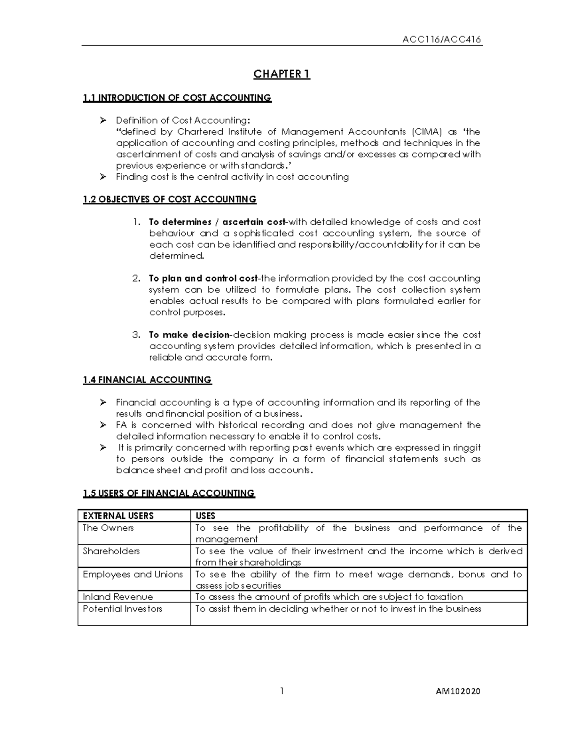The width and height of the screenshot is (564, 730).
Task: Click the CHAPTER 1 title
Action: [282, 74]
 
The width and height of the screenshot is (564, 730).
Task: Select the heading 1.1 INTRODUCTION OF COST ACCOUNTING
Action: [177, 98]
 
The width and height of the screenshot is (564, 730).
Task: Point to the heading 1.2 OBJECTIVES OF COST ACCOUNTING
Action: [169, 199]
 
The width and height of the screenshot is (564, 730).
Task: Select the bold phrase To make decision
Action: [189, 335]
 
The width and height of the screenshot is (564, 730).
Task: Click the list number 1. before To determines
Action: [136, 222]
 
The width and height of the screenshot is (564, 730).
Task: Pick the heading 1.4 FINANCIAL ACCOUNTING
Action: [147, 380]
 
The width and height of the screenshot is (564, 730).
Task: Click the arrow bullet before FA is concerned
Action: [103, 425]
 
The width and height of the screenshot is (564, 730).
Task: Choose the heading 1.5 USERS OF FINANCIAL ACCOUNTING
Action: [168, 493]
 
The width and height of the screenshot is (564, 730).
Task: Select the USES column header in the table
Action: [205, 516]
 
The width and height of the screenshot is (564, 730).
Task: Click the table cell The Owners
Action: [108, 528]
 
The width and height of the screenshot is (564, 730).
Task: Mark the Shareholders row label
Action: [111, 551]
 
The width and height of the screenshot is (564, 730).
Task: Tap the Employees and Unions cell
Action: [133, 574]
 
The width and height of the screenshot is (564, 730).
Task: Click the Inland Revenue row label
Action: [117, 597]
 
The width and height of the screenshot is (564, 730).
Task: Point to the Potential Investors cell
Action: [122, 609]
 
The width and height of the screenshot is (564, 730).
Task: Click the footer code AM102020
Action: [459, 691]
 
